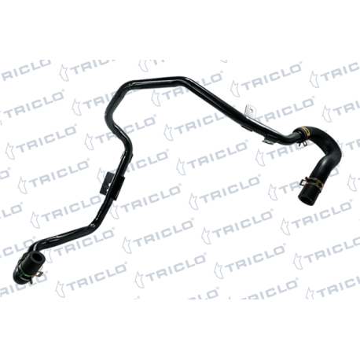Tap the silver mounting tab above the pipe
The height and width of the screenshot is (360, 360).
pyautogui.click(x=249, y=111)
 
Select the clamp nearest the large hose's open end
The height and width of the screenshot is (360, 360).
pyautogui.click(x=314, y=182)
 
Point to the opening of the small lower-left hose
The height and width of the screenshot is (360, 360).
pyautogui.click(x=38, y=258)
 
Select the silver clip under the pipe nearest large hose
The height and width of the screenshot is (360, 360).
pyautogui.click(x=270, y=140)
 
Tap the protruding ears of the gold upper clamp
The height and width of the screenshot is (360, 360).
pyautogui.click(x=304, y=143)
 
